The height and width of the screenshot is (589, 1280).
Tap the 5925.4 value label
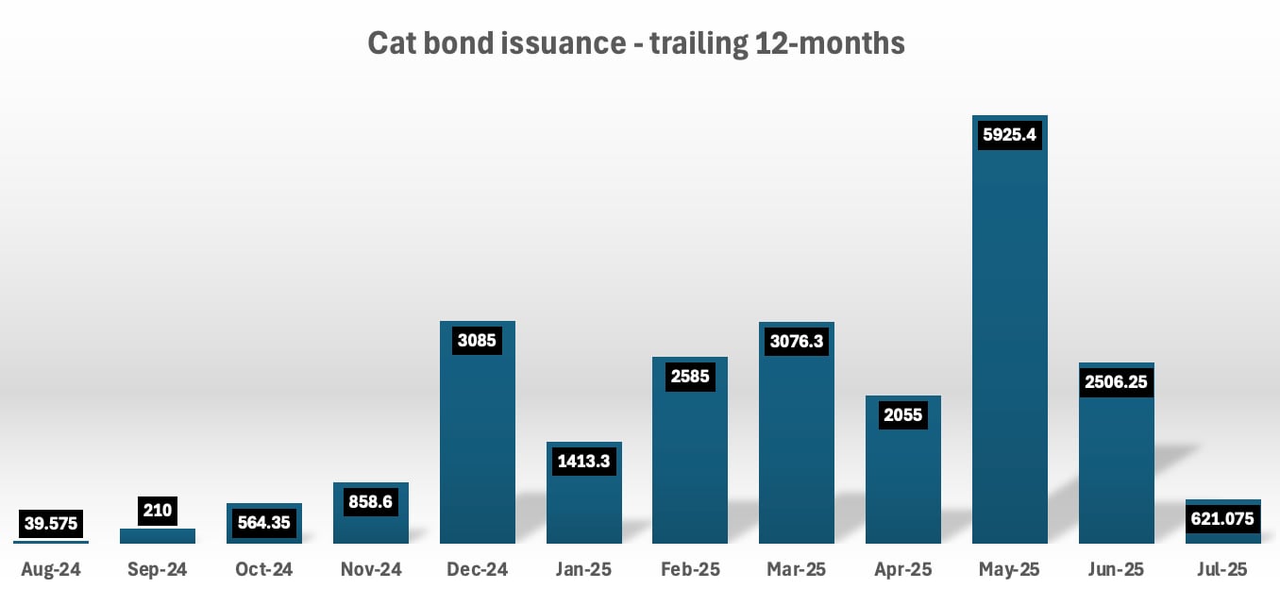(1010, 135)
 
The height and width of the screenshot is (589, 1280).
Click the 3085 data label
(478, 340)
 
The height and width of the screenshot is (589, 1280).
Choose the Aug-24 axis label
(50, 569)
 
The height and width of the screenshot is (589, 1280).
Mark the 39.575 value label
(50, 523)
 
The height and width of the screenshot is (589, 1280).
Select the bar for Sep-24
(158, 536)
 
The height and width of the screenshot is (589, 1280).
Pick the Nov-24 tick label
(370, 569)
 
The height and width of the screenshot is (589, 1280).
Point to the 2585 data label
(690, 377)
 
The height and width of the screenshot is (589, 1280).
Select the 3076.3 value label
(797, 341)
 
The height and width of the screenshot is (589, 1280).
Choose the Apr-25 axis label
(903, 569)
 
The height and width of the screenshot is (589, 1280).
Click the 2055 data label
(903, 414)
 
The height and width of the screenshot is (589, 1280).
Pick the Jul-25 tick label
(1223, 569)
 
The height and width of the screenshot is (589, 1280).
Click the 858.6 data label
(370, 501)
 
